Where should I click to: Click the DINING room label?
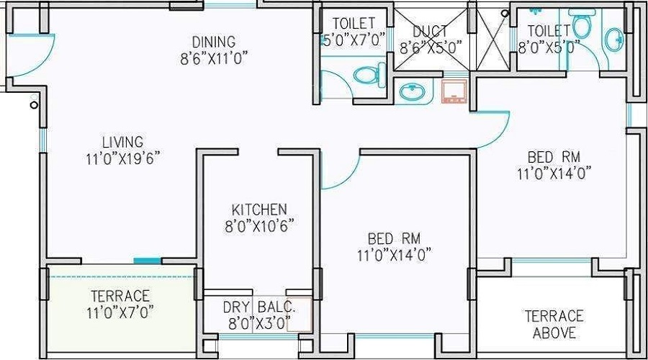213,42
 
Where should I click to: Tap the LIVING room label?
122,142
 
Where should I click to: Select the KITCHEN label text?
259,210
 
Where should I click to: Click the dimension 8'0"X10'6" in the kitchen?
259,226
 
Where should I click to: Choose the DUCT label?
430,32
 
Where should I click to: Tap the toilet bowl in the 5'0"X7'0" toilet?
367,73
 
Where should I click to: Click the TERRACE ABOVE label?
553,324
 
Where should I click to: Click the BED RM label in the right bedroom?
553,157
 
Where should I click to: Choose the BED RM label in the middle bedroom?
394,238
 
